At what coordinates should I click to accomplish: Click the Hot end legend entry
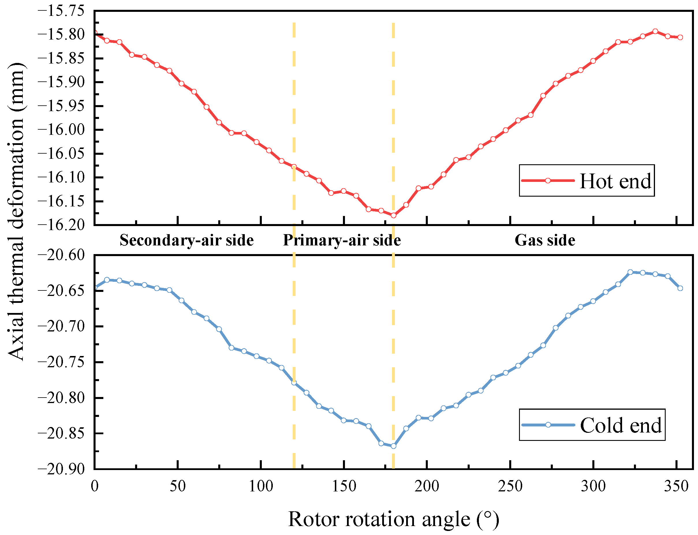click(587, 180)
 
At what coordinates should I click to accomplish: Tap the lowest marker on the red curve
click(393, 216)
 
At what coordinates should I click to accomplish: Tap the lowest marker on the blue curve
click(393, 446)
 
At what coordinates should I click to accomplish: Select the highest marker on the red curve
click(655, 31)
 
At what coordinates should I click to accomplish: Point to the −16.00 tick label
click(57, 130)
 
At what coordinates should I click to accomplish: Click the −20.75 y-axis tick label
click(57, 362)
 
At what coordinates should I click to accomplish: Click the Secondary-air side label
click(186, 240)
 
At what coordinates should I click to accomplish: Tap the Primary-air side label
click(342, 240)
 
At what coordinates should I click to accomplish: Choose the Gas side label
click(545, 240)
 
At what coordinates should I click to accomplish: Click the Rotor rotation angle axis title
click(393, 519)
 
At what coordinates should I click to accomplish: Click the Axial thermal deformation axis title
click(16, 211)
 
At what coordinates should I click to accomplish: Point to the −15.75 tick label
click(57, 11)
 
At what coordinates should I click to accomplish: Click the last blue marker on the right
click(680, 288)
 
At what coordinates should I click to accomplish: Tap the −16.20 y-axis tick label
click(57, 225)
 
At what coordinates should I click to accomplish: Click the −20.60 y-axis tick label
click(57, 255)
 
